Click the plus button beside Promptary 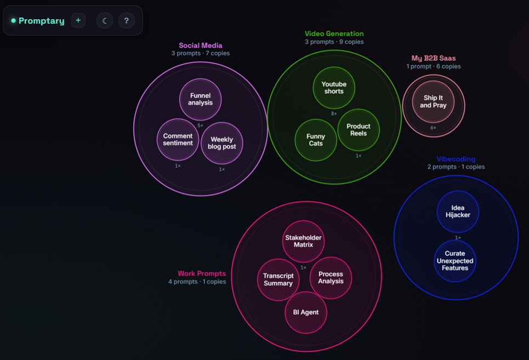pos(78,21)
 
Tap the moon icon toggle pos(105,21)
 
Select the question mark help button pos(127,21)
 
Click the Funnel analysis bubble pos(201,99)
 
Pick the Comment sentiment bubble pos(178,140)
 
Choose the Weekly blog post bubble pos(221,143)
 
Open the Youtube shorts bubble pos(334,88)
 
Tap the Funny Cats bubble pos(316,140)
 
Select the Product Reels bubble pos(359,130)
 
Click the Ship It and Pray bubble pos(433,101)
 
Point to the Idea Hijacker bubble pos(458,212)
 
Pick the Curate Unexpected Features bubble pos(455,261)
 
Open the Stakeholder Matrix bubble pos(303,241)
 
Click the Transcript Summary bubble pos(278,280)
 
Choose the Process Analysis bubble pos(331,278)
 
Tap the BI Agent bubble pos(306,312)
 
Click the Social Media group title pos(201,45)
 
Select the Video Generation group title pos(334,34)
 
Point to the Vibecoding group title pos(456,159)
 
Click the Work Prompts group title pos(202,273)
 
